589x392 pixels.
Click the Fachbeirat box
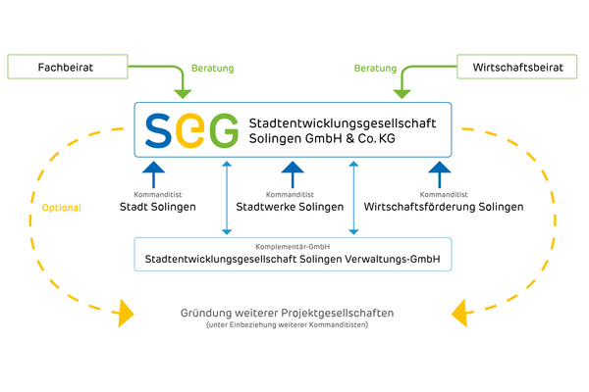pos(67,69)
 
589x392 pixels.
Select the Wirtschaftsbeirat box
pos(518,69)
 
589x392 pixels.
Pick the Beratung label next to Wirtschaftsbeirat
pos(375,69)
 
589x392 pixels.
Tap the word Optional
pos(61,208)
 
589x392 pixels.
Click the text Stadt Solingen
pos(158,208)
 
